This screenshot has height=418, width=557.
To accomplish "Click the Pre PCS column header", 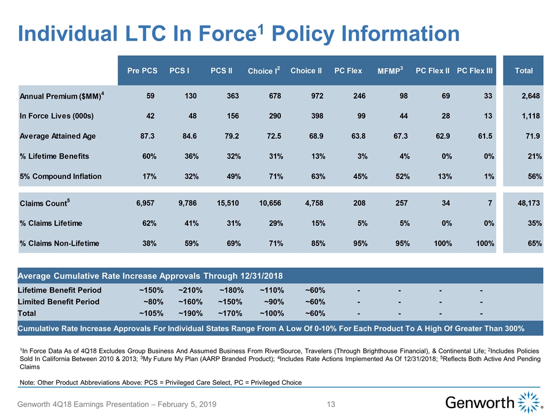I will (x=142, y=71).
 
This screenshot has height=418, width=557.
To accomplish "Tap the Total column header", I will (x=523, y=71).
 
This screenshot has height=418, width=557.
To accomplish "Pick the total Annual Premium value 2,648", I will (x=530, y=95).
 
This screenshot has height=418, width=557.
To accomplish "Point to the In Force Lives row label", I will (x=56, y=116).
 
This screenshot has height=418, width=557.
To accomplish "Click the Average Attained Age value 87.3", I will (x=143, y=136).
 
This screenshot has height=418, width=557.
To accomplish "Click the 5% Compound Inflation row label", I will (x=60, y=176).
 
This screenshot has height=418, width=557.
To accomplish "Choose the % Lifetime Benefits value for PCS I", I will (x=181, y=156).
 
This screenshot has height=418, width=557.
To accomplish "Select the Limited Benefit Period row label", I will (x=59, y=301).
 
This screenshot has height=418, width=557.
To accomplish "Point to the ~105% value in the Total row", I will (x=151, y=313).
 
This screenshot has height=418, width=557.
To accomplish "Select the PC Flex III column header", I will (x=475, y=71).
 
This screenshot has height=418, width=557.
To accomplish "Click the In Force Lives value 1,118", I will (x=530, y=116).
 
